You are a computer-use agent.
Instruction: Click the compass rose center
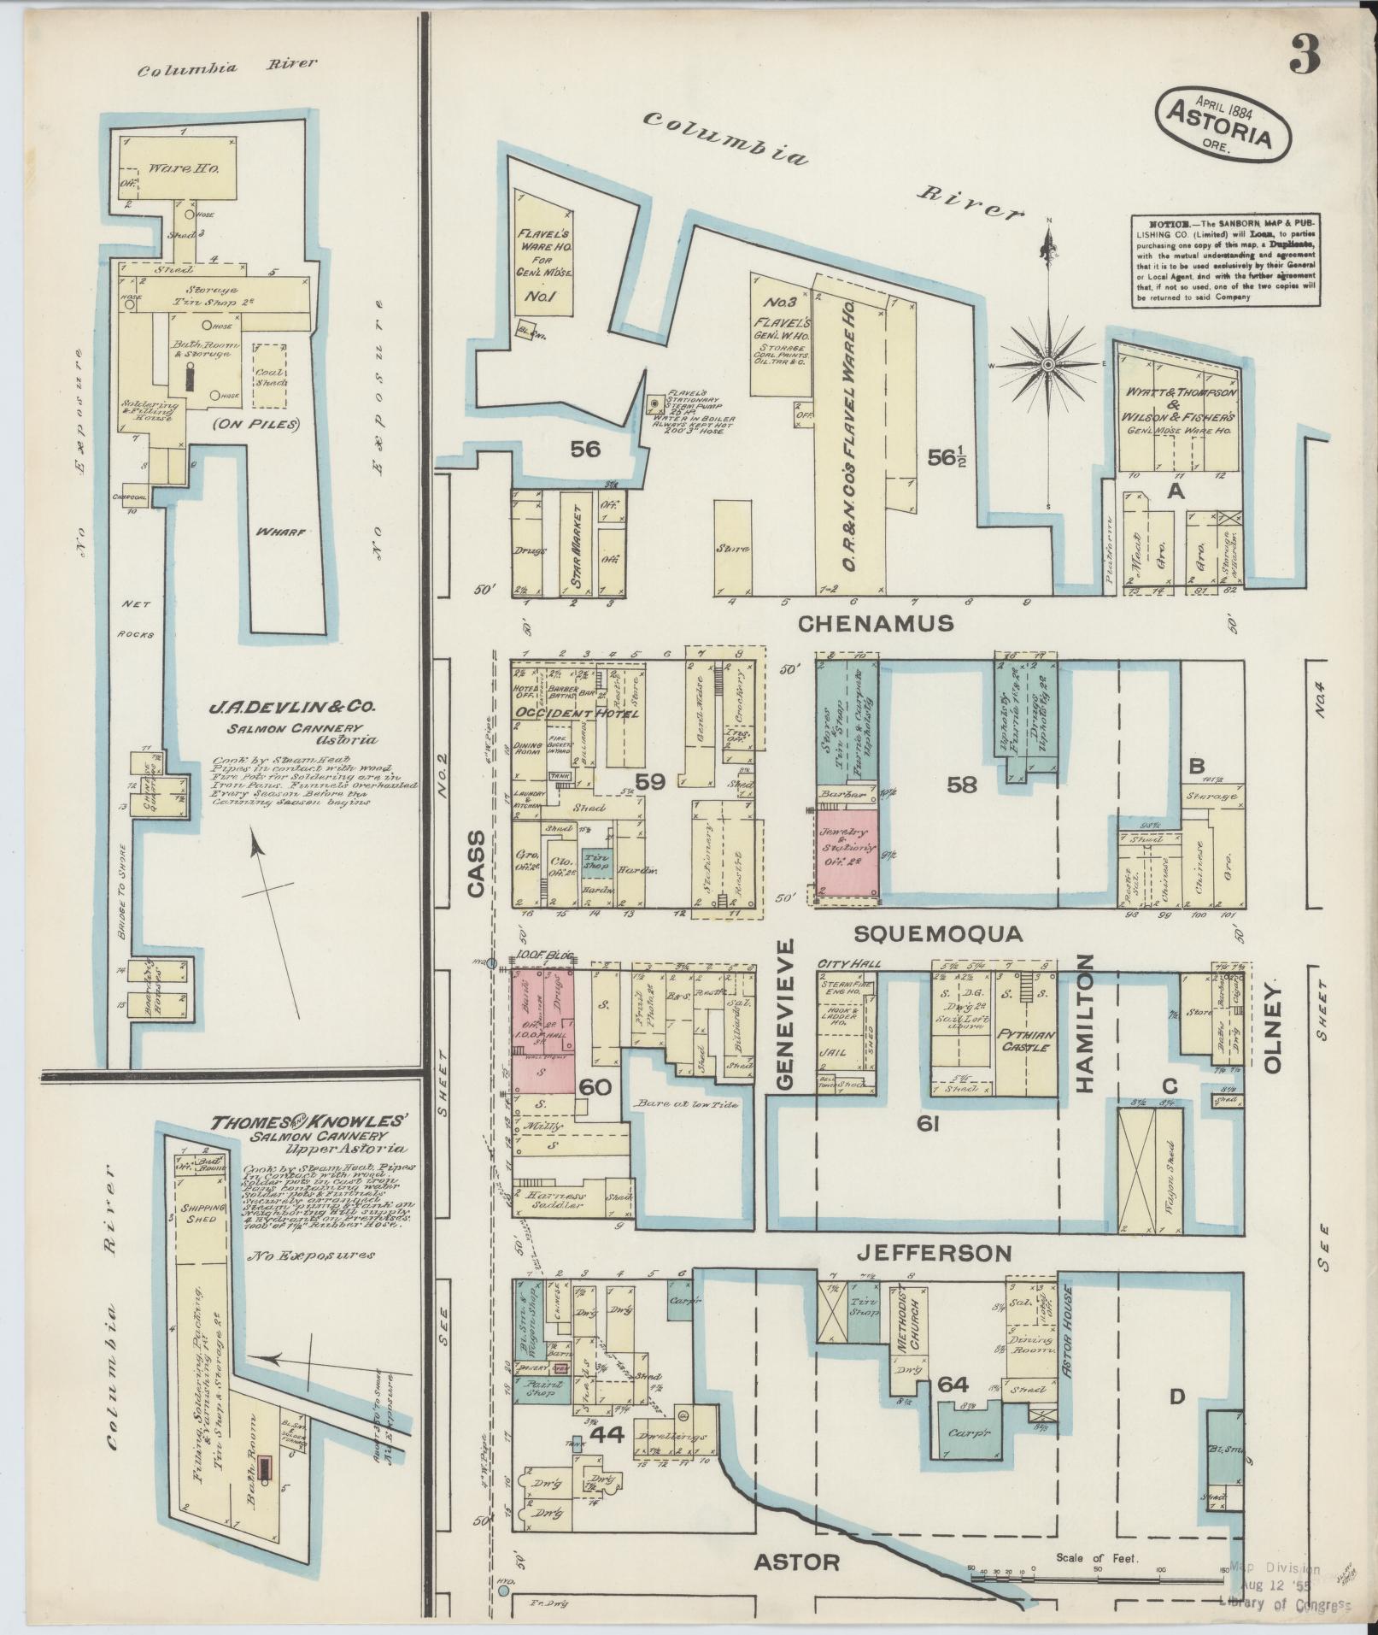click(1047, 365)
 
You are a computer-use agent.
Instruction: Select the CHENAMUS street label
click(876, 624)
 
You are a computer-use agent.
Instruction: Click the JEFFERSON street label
click(934, 1254)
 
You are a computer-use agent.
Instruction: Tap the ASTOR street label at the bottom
click(797, 1562)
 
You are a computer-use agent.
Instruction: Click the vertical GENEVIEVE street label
click(786, 1015)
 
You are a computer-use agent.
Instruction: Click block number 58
click(962, 784)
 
